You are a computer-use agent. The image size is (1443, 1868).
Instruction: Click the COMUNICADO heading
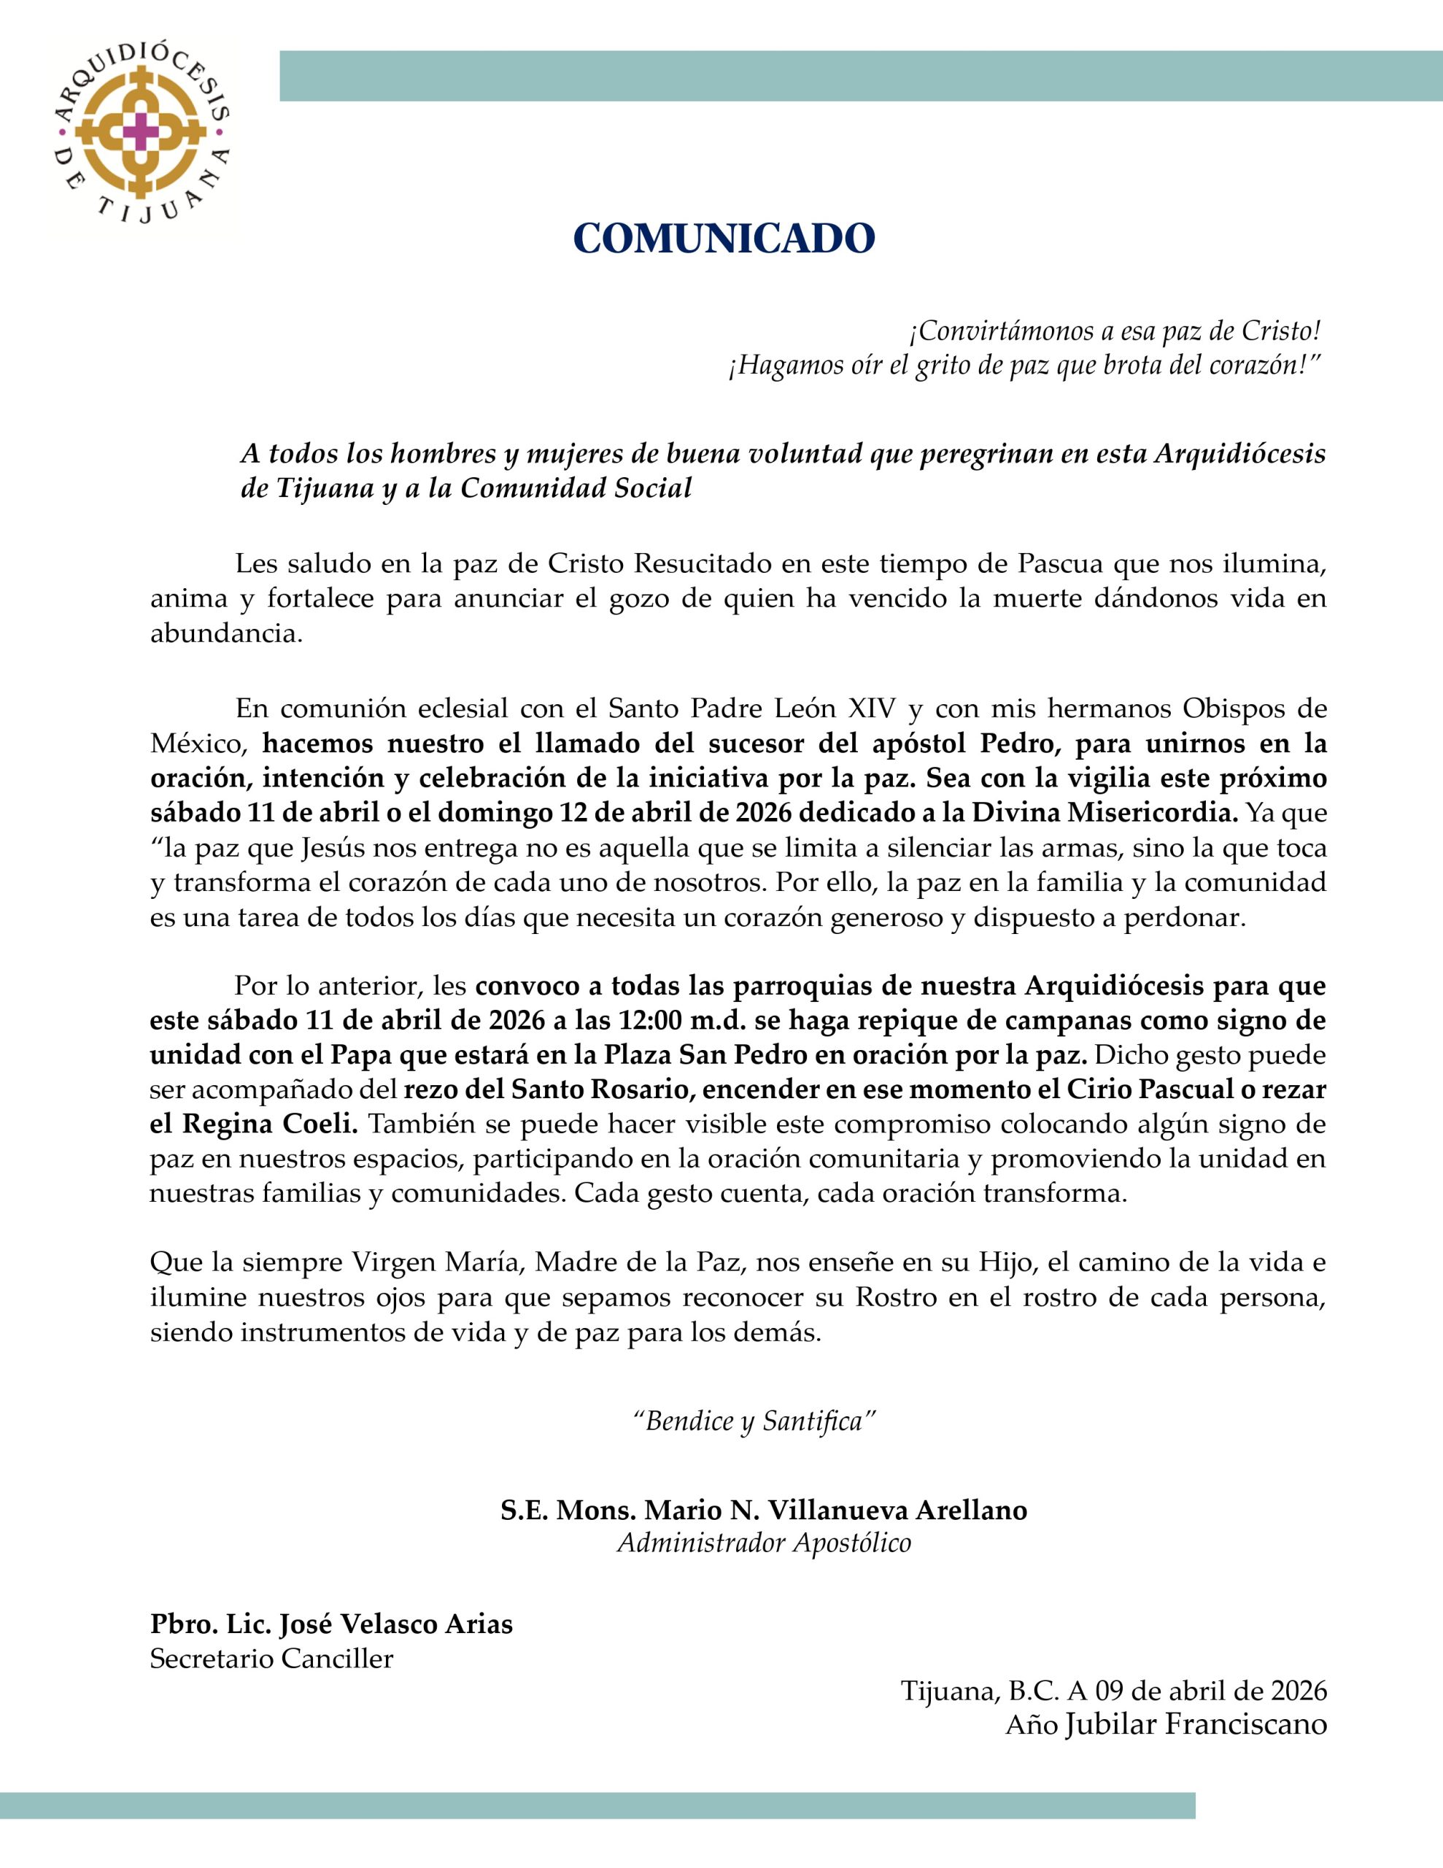(x=724, y=239)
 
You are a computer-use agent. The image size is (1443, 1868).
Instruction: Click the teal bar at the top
(x=859, y=76)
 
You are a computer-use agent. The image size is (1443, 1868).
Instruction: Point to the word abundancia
(x=226, y=635)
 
